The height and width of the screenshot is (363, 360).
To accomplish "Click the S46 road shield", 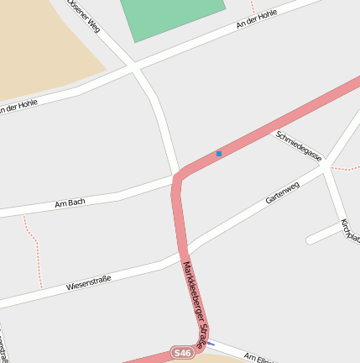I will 181,353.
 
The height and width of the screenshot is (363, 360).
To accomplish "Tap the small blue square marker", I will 219,154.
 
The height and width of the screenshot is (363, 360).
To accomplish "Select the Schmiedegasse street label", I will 299,145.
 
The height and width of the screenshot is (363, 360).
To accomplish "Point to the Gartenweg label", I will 282,194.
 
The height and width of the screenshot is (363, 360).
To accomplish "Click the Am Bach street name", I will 70,203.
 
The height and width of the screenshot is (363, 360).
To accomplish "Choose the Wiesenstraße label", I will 90,281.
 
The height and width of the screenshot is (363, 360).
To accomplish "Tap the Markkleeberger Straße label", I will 193,305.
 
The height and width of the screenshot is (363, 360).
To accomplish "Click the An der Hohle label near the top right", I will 257,20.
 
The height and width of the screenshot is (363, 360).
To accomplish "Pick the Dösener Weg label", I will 87,17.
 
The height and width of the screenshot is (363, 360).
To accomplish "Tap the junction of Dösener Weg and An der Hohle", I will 134,68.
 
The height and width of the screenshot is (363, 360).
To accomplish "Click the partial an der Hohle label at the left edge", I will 17,107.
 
